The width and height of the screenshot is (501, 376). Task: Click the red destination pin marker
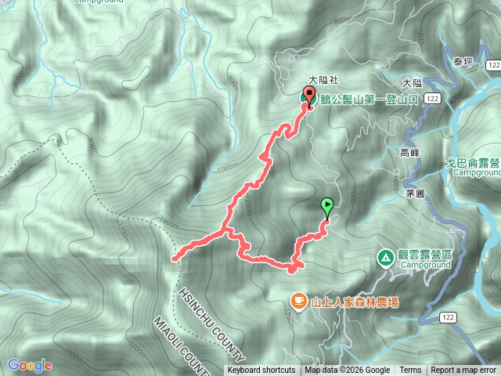308,98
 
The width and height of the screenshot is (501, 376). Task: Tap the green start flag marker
326,207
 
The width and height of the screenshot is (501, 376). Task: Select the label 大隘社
322,80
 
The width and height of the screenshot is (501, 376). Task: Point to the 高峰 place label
410,153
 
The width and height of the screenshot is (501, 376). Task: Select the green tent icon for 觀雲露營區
385,257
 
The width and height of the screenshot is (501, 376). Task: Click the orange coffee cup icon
298,300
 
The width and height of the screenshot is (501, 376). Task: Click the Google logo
29,365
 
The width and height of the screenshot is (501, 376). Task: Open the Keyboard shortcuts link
261,370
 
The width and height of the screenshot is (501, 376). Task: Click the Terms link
410,370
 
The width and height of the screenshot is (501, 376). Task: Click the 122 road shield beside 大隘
433,96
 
